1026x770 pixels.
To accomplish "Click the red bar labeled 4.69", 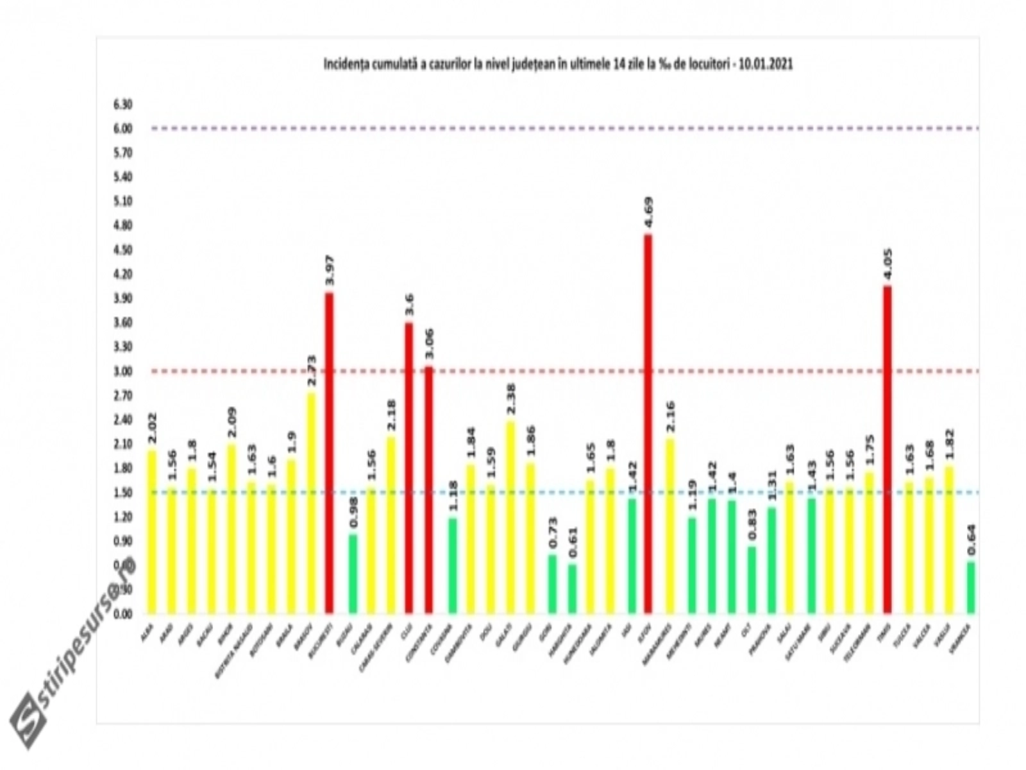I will [648, 424].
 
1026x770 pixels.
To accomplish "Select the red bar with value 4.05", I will [887, 449].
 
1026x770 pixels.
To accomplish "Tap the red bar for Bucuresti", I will [329, 452].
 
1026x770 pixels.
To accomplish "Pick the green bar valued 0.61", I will [572, 589].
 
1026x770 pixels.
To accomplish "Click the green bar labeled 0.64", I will [971, 588].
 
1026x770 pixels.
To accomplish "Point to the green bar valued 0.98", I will [353, 574].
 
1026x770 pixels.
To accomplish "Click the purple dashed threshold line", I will [564, 128].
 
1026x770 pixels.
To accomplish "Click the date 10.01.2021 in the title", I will [767, 64].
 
